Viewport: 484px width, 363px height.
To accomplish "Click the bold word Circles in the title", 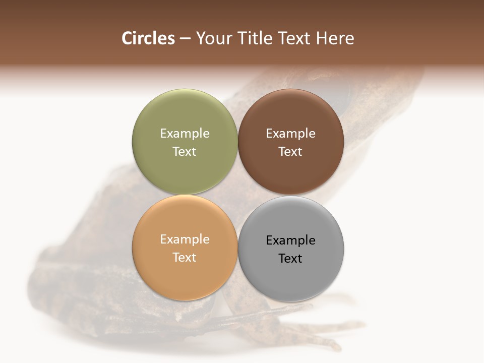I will (x=148, y=38).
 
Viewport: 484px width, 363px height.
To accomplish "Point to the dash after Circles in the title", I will (x=185, y=39).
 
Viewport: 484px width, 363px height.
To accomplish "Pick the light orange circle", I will (x=185, y=275).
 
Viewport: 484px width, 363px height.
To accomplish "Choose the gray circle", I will (x=291, y=277).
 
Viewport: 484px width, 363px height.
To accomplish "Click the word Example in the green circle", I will (x=185, y=133).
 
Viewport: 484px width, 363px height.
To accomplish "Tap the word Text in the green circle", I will (x=185, y=151).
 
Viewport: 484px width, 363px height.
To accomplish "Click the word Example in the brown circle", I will (x=291, y=133).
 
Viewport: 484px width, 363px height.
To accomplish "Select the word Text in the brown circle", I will (x=291, y=151).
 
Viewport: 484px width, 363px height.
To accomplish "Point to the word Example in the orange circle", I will (x=185, y=239).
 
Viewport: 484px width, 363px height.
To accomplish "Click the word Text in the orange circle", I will (x=185, y=257).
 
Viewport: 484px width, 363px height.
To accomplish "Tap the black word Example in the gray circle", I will (x=291, y=240).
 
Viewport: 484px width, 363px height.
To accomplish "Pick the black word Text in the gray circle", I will (x=291, y=258).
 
